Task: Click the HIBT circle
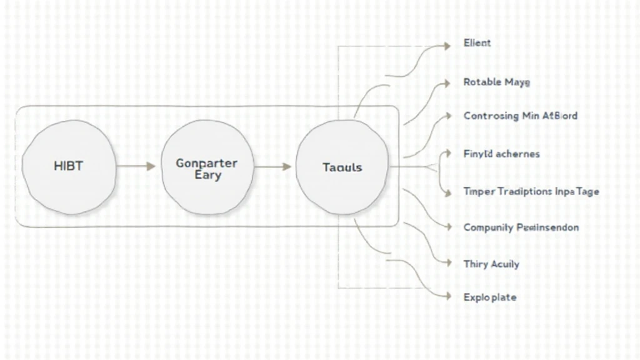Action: point(69,167)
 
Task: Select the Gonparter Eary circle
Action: point(207,167)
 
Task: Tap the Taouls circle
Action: point(342,167)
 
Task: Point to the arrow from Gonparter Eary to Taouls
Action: point(273,167)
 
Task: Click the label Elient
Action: point(477,43)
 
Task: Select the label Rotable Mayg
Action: point(497,82)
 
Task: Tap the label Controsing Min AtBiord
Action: point(520,116)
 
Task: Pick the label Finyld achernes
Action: point(501,154)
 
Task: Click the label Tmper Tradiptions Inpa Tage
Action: point(531,191)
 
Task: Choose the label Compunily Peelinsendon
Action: point(521,227)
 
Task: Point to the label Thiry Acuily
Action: point(491,264)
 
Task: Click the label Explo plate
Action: point(490,297)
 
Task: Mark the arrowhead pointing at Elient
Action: point(446,46)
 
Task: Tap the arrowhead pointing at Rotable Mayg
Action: point(446,82)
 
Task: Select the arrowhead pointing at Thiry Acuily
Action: point(446,264)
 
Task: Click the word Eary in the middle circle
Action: point(207,176)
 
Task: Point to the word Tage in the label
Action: point(587,191)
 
